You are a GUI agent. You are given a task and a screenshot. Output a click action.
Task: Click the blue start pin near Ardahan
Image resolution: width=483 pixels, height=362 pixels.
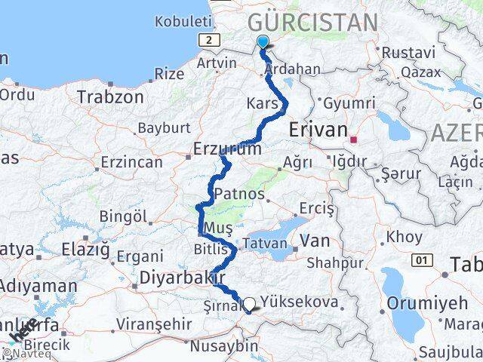click(x=262, y=42)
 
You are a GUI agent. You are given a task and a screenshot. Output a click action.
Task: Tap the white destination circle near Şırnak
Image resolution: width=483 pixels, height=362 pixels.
click(x=249, y=304)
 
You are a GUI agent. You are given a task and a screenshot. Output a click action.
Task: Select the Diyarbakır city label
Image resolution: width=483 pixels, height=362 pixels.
click(x=174, y=278)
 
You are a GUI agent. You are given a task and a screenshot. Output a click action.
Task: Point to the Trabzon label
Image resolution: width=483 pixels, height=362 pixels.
click(x=110, y=97)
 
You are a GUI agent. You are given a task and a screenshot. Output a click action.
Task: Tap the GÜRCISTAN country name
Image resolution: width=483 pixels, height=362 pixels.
click(x=312, y=22)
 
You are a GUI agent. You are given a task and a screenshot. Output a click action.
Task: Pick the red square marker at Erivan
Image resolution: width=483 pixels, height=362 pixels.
click(x=353, y=140)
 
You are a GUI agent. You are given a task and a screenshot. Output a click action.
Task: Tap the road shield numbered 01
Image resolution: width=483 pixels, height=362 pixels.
click(x=421, y=260)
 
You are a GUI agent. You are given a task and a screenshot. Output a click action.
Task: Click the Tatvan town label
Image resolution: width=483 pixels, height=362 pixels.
click(x=263, y=244)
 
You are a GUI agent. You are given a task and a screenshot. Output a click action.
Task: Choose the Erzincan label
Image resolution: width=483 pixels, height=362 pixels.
click(x=131, y=162)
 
